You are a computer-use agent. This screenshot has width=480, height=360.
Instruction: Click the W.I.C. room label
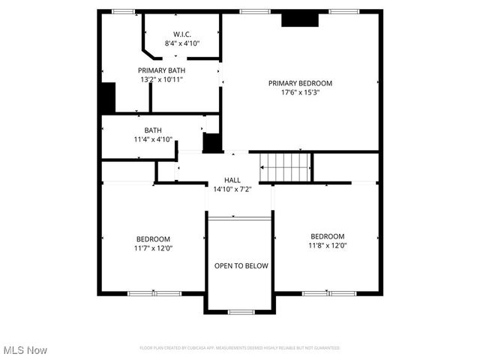(x=181, y=34)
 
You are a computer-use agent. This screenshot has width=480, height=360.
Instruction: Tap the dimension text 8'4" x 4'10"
(x=181, y=43)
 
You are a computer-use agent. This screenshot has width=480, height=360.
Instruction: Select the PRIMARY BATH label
(x=161, y=70)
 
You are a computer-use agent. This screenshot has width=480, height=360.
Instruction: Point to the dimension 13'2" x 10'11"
(x=161, y=79)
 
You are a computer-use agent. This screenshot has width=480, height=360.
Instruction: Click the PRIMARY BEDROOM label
(x=300, y=83)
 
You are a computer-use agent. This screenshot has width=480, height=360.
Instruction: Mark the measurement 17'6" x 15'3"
(x=300, y=92)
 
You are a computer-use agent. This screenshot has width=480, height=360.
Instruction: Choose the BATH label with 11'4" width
(x=153, y=130)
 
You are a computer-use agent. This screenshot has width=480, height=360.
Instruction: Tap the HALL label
(x=232, y=180)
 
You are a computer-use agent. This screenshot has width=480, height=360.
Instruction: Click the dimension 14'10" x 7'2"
(x=232, y=189)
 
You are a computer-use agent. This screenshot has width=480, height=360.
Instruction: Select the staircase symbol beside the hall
(x=285, y=167)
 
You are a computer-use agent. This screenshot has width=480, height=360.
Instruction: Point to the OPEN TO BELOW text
(x=241, y=265)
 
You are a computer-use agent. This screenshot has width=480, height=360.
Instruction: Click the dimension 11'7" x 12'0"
(x=152, y=247)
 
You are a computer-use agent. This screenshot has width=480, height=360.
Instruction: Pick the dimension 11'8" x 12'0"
(x=327, y=244)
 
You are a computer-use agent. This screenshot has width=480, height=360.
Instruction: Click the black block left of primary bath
(x=108, y=98)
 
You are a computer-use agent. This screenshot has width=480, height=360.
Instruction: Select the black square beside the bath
(x=212, y=142)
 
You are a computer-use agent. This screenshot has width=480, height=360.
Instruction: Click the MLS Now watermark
(x=25, y=350)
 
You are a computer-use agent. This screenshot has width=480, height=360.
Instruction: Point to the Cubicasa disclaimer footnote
(x=240, y=348)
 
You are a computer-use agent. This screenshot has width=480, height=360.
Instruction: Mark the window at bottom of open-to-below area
(x=241, y=311)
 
